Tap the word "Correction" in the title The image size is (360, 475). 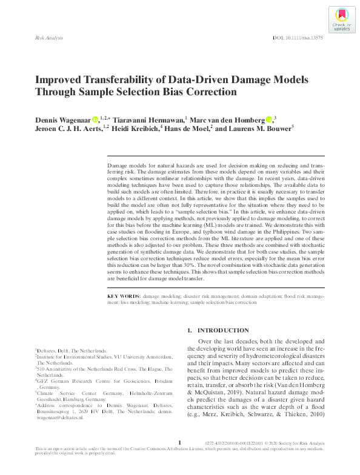click(x=205, y=93)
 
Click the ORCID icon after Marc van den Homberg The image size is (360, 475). click(x=268, y=120)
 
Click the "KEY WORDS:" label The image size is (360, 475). click(x=123, y=295)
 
